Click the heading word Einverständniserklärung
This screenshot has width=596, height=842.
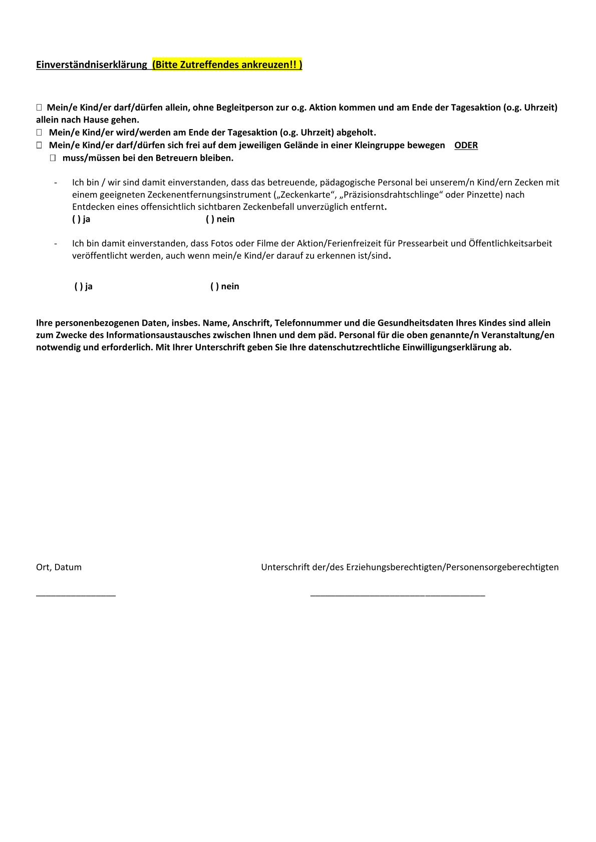click(91, 65)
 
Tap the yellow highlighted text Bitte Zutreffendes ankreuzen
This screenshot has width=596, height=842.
click(227, 65)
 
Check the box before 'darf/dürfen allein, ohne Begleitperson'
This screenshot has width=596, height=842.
click(39, 108)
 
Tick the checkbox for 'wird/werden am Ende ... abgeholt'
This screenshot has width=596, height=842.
click(39, 133)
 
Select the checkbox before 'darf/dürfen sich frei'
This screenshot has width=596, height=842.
click(39, 146)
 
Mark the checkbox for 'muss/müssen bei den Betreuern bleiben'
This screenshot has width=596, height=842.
click(53, 158)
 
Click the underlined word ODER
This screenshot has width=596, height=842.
click(466, 146)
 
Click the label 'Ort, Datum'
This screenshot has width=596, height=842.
click(59, 567)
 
